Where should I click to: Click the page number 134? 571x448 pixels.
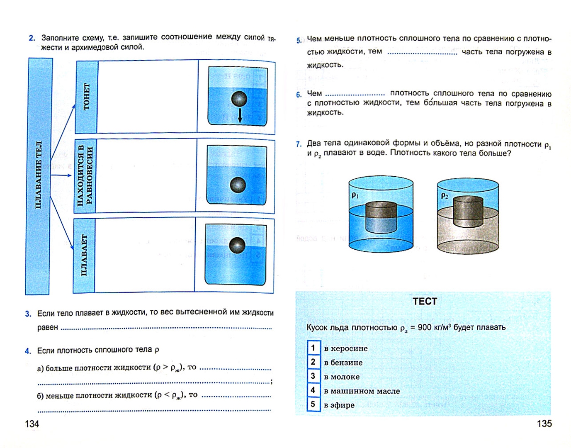(32, 424)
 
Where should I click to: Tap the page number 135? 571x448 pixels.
(544, 424)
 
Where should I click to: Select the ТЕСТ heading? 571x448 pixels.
(425, 302)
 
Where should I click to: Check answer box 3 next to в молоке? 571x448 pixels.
(313, 376)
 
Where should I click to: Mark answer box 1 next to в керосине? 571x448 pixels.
(313, 348)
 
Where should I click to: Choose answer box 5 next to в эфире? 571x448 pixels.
(313, 404)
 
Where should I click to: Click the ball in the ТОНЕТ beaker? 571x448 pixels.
(239, 100)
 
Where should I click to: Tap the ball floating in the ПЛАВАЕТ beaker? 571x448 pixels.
(237, 245)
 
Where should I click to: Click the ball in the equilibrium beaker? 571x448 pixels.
(238, 185)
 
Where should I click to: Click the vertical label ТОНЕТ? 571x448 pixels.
(86, 97)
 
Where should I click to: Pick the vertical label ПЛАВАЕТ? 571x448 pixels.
(84, 255)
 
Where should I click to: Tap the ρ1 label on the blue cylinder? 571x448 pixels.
(355, 195)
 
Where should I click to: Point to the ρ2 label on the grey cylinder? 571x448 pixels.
(444, 195)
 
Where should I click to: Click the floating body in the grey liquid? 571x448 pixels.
(468, 212)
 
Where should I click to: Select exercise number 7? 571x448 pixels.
(299, 144)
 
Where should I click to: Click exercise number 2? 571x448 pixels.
(32, 38)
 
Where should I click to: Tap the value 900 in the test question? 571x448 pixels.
(425, 327)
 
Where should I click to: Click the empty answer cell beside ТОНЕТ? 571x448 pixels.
(148, 97)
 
